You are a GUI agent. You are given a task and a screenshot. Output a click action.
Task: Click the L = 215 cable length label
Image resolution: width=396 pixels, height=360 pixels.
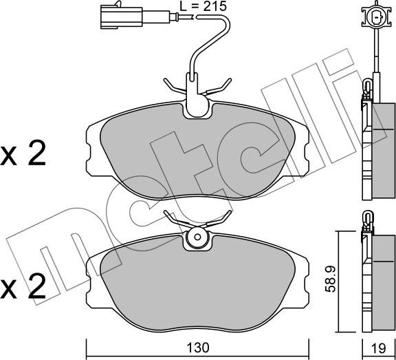(203, 6)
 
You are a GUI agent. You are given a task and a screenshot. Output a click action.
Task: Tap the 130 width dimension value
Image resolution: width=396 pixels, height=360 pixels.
(198, 348)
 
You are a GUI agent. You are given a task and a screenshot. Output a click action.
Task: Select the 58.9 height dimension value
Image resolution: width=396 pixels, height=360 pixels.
(330, 279)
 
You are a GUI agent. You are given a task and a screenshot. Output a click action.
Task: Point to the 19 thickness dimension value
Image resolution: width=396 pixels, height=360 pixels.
(379, 348)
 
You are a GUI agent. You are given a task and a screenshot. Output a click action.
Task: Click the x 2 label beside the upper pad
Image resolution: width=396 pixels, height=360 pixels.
(23, 153)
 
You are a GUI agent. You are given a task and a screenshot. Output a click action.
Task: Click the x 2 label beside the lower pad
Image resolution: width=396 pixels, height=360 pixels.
(23, 286)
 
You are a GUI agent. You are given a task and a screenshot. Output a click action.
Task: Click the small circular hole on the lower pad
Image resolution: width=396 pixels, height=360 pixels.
(197, 237)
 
